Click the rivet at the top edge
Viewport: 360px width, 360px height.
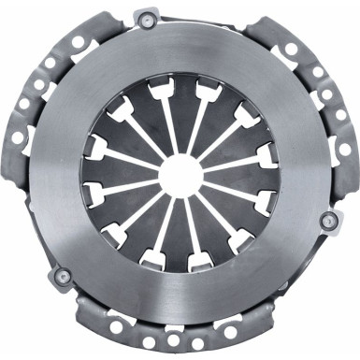(x=145, y=18)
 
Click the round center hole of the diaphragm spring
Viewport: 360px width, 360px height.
(x=180, y=176)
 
